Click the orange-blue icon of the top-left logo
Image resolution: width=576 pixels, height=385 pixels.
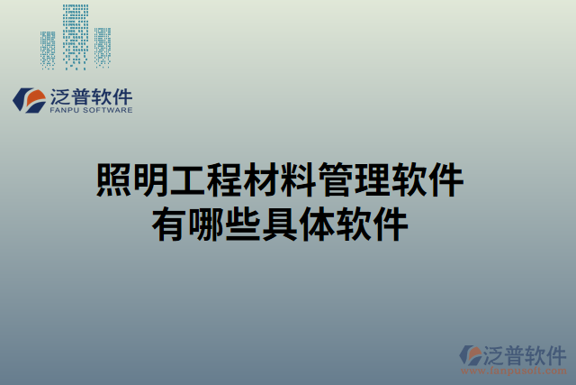click(x=30, y=99)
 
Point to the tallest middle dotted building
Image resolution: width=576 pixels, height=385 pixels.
click(x=76, y=36)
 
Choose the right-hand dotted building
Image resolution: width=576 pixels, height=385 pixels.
click(x=103, y=47)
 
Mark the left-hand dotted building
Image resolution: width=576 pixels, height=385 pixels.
click(x=49, y=49)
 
